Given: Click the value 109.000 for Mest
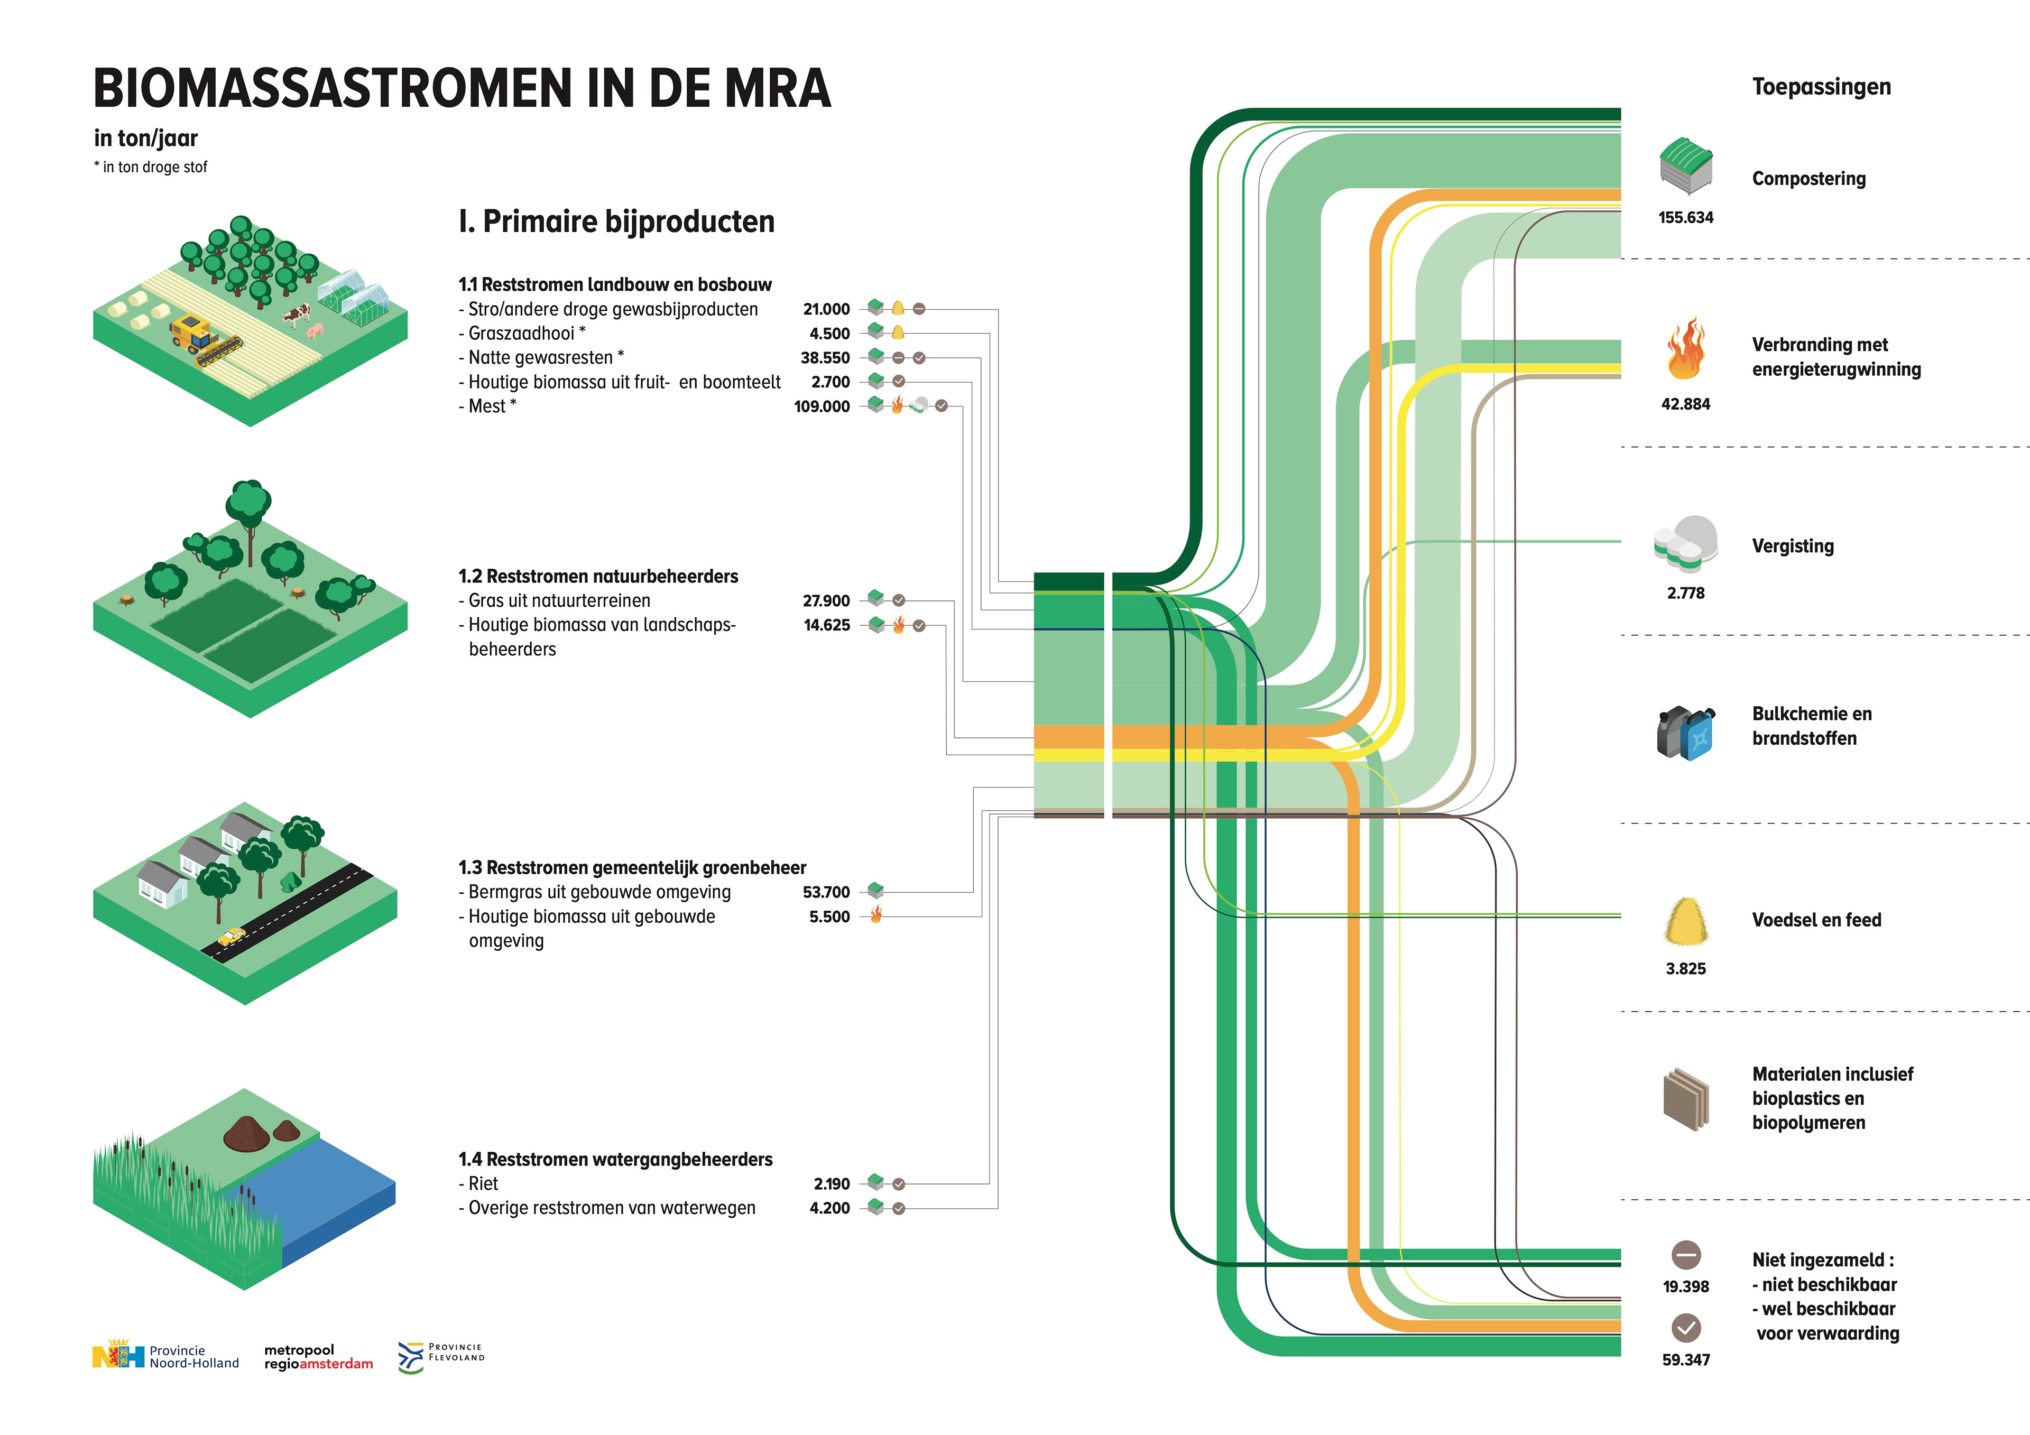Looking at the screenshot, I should (822, 407).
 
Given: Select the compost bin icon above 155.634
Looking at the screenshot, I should (1686, 165).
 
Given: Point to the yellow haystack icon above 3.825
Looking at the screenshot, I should (1686, 921).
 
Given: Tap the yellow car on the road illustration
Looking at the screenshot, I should (232, 936).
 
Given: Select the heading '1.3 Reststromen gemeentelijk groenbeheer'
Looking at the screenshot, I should (631, 867).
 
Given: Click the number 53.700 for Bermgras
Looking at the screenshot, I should (826, 892).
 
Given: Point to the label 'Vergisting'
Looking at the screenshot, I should (1792, 547).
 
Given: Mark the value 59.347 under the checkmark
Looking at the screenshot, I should (1685, 1360).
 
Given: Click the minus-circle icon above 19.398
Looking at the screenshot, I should (1686, 1255).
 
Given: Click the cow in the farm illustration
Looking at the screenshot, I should (297, 314).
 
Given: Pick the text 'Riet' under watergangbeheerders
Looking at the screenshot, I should (484, 1184).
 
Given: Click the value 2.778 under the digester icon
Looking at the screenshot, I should (1685, 593).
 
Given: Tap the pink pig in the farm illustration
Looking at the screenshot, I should (315, 331).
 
